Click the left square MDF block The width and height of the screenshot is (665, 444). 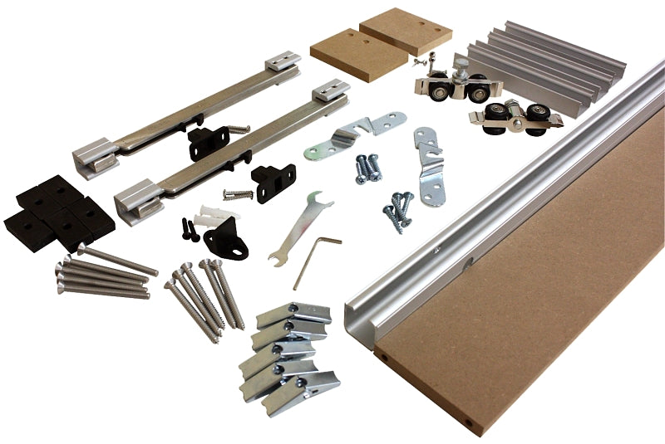click(x=347, y=53)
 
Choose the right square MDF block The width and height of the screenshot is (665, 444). click(x=406, y=31)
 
